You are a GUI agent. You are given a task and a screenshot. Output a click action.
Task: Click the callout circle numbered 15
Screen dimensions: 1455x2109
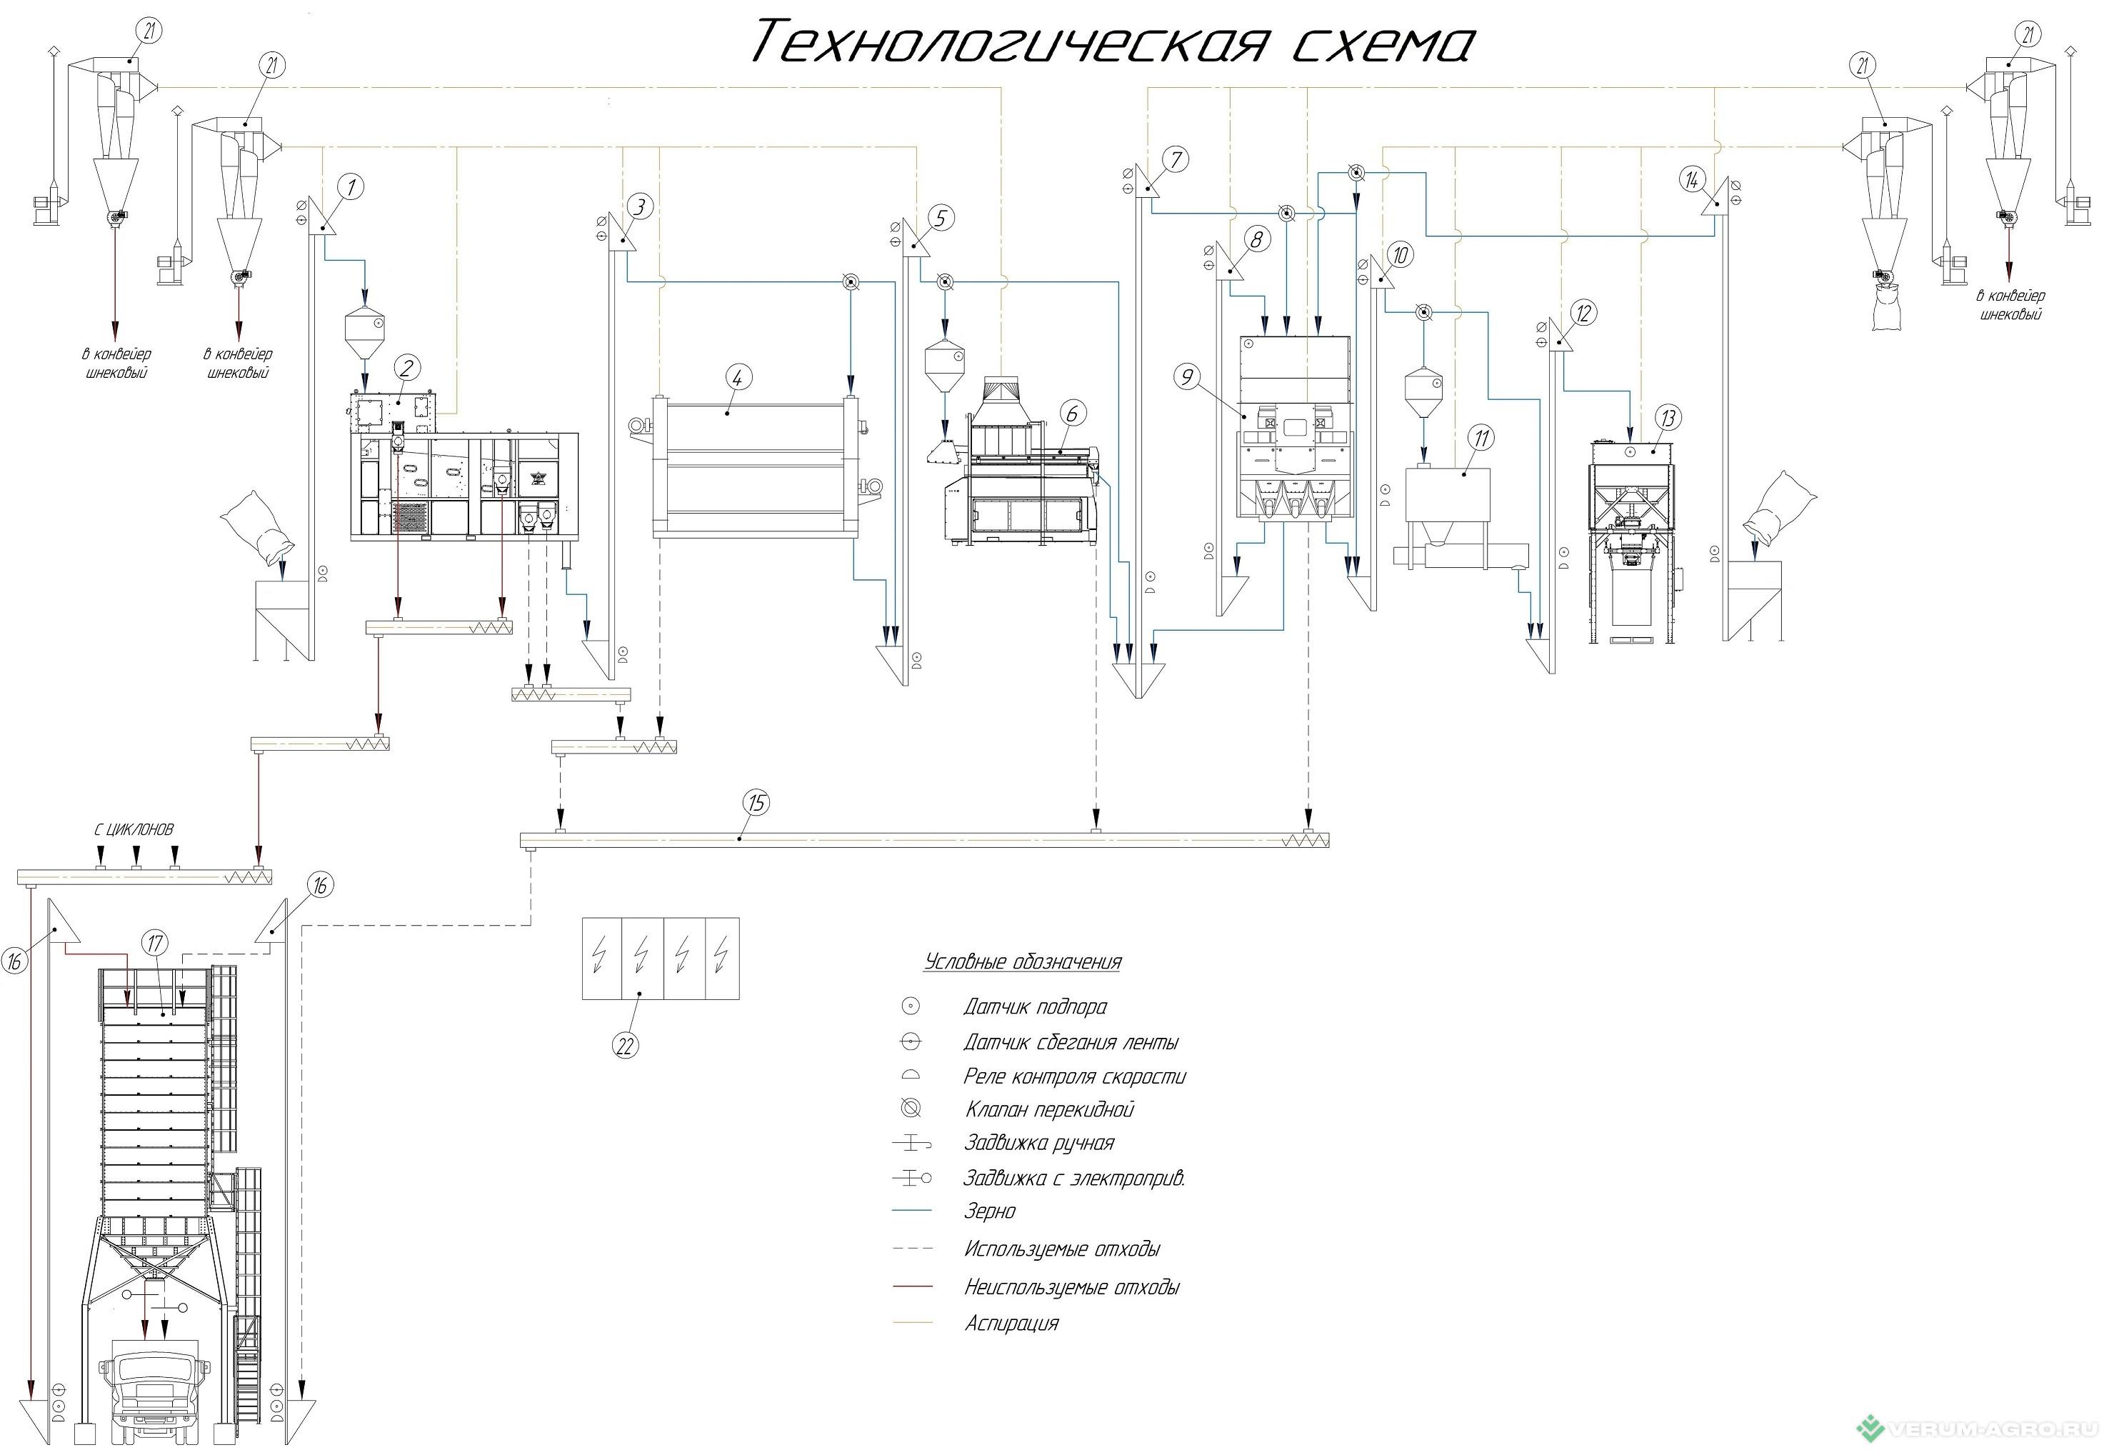(756, 802)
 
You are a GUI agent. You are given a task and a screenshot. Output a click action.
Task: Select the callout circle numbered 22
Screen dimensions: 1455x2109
(624, 1046)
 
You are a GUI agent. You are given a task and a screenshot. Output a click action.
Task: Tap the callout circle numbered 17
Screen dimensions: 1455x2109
(155, 943)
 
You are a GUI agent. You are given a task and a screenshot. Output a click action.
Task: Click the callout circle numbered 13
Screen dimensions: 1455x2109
(1668, 419)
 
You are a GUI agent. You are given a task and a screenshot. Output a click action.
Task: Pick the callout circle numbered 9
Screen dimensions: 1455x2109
(1187, 376)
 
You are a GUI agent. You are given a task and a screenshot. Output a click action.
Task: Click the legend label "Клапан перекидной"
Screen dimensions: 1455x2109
(1049, 1109)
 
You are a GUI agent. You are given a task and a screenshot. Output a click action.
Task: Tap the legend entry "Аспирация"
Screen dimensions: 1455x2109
(1012, 1323)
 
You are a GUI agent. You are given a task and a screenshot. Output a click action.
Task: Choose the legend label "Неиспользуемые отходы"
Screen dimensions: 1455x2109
(1072, 1287)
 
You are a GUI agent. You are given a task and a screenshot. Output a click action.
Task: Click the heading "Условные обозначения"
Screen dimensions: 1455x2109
(1023, 962)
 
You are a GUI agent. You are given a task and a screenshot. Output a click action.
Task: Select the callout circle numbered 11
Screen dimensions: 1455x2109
(1482, 438)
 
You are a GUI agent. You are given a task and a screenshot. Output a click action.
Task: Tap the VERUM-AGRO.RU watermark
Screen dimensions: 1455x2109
(1983, 1428)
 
